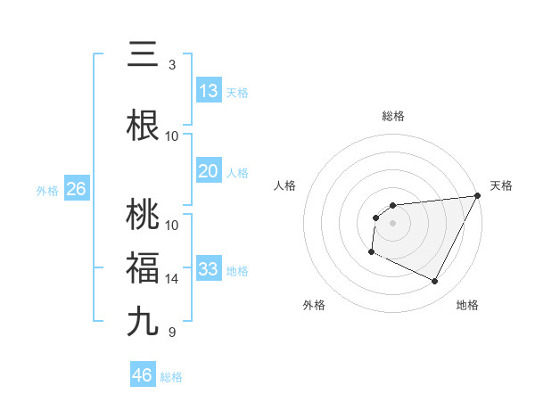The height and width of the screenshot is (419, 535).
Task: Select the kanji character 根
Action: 144,126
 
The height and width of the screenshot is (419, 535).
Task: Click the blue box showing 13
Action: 209,91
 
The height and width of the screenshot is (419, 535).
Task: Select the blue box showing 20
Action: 209,171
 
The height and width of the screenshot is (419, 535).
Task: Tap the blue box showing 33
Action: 209,269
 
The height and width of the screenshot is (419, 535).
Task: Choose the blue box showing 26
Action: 76,189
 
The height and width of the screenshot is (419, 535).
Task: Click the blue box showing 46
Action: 143,375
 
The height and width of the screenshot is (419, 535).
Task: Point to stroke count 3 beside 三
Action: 171,64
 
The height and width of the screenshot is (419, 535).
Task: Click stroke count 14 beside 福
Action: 172,279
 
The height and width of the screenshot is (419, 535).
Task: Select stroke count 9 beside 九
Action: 171,333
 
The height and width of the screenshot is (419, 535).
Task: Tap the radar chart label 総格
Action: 393,116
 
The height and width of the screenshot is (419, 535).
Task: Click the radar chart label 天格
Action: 502,185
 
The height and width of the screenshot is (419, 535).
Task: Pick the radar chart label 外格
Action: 314,305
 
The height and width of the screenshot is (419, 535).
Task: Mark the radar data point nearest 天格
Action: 478,195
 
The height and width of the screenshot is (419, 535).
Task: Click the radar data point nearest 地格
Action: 435,282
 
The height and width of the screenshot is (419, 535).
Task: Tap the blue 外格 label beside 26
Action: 46,190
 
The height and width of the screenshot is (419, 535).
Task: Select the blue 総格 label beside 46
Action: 171,376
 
